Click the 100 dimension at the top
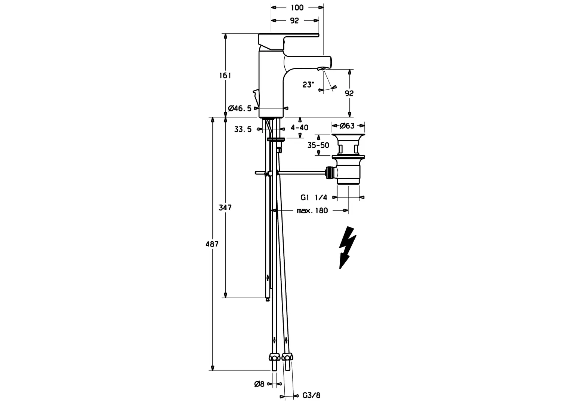click(297, 7)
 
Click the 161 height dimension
click(225, 76)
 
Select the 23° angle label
click(308, 85)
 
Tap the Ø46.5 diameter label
click(240, 108)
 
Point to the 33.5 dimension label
click(243, 129)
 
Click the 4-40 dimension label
click(300, 127)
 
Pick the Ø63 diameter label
click(347, 126)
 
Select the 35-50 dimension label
click(318, 145)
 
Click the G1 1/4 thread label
click(314, 197)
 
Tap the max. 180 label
click(312, 211)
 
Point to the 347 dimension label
click(225, 208)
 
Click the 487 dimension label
click(212, 244)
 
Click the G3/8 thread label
click(311, 395)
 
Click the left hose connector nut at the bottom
click(274, 357)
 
